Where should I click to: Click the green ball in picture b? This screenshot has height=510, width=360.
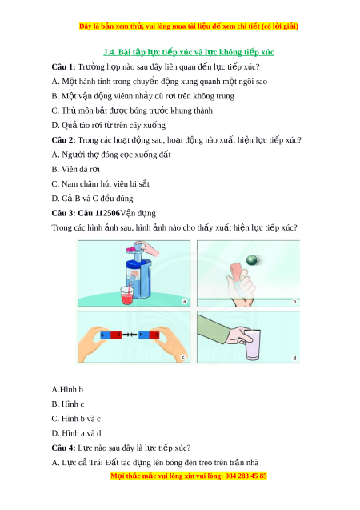[x=252, y=260]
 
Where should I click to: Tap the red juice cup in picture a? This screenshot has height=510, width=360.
[x=126, y=295]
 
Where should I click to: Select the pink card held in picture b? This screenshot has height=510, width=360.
[x=235, y=272]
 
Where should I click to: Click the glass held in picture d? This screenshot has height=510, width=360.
[x=252, y=345]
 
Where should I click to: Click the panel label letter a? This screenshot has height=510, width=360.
[x=185, y=302]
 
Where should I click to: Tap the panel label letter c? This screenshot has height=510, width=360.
[x=183, y=357]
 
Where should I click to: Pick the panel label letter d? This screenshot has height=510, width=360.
[x=294, y=358]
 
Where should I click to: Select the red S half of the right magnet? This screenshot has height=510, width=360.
[x=154, y=335]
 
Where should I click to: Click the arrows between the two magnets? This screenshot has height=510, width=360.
[x=130, y=335]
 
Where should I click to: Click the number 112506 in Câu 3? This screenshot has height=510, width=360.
[x=107, y=213]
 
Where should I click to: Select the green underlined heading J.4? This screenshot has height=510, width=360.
[x=189, y=52]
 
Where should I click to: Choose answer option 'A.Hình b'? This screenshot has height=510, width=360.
[x=67, y=389]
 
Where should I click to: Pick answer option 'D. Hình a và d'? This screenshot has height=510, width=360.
[x=76, y=433]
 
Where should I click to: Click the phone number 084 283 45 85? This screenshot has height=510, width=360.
[x=246, y=476]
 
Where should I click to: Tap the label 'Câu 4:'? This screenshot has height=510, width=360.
[x=63, y=448]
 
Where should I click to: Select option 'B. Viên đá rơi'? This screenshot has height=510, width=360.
[x=76, y=169]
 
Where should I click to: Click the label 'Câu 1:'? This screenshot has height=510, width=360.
[x=63, y=66]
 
